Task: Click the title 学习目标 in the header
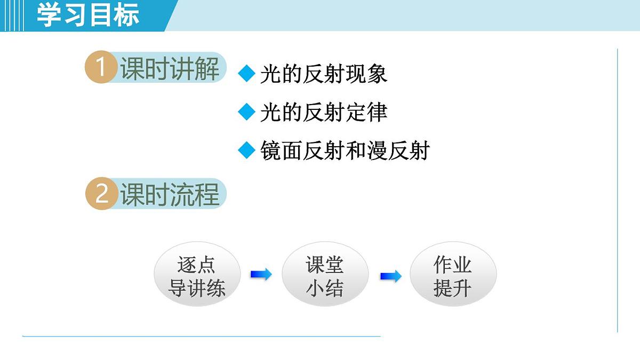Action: (88, 15)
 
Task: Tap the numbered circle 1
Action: (101, 69)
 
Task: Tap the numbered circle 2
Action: (101, 194)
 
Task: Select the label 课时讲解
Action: (170, 69)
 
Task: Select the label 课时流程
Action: (170, 194)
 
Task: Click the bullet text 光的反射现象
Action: (323, 74)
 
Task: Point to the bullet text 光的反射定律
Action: (323, 113)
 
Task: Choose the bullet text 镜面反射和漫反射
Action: (345, 151)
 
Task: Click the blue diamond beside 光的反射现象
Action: (247, 74)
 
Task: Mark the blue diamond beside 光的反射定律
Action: (247, 112)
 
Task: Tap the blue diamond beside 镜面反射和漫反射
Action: (247, 150)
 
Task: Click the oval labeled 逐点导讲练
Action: (197, 276)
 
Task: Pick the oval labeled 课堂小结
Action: (325, 276)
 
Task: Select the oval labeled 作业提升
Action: (453, 276)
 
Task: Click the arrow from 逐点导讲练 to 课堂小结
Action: (261, 275)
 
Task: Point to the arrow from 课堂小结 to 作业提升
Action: (390, 276)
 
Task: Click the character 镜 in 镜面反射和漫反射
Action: (271, 151)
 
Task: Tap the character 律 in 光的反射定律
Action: (377, 113)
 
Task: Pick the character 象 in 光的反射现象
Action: (377, 74)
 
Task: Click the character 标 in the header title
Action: (126, 15)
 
